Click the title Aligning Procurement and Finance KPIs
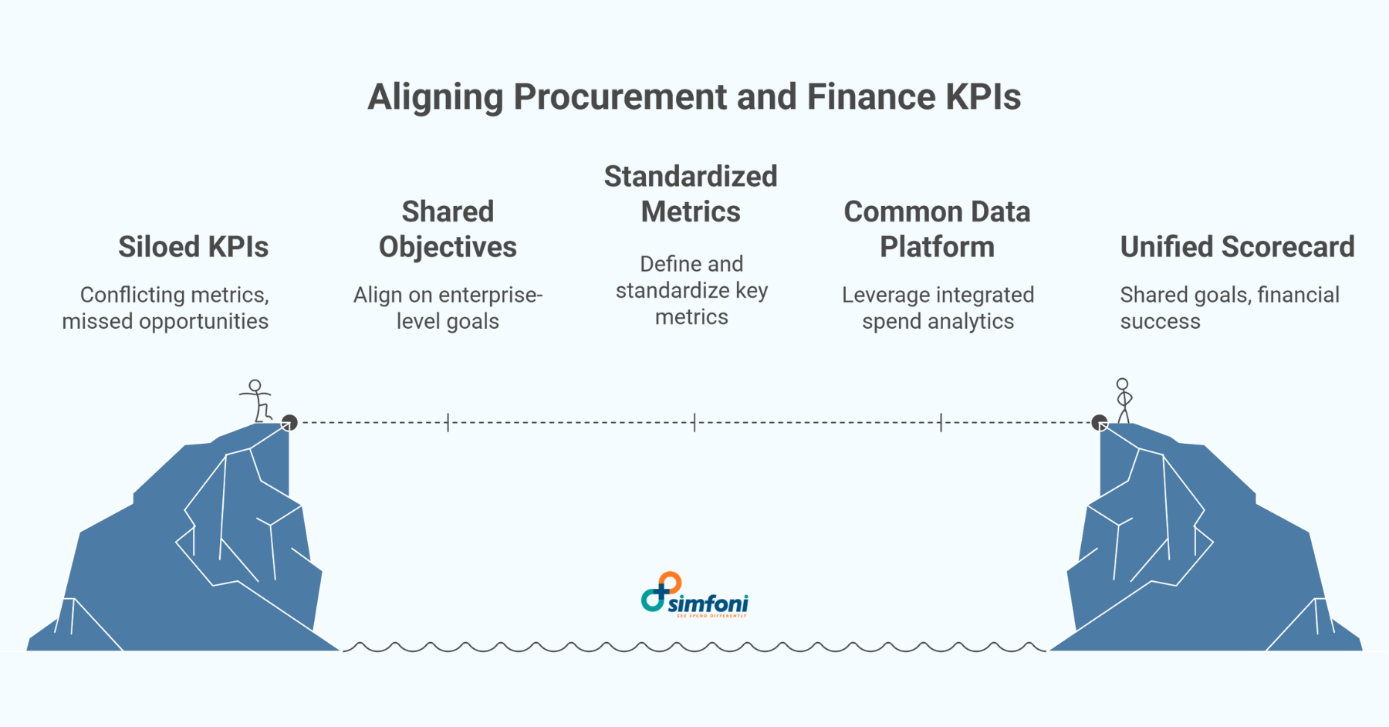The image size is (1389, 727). [694, 97]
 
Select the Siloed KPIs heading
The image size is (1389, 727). [193, 247]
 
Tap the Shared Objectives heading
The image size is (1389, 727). [448, 229]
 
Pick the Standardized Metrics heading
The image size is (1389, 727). [691, 194]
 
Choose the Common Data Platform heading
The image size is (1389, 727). [937, 229]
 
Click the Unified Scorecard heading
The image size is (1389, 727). [1237, 247]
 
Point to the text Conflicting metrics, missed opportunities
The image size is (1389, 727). [166, 308]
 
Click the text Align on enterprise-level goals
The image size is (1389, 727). [448, 308]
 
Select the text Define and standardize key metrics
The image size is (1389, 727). [691, 290]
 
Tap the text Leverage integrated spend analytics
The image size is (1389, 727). [938, 308]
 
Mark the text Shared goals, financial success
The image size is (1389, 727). [1229, 308]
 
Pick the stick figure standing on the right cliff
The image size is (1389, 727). [1124, 400]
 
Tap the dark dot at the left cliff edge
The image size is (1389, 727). [289, 422]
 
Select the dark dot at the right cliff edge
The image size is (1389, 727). [1100, 422]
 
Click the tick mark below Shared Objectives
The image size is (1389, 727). [448, 422]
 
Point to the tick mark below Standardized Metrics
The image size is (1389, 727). [694, 422]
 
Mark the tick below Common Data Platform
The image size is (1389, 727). [941, 422]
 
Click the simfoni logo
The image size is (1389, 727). [694, 595]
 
